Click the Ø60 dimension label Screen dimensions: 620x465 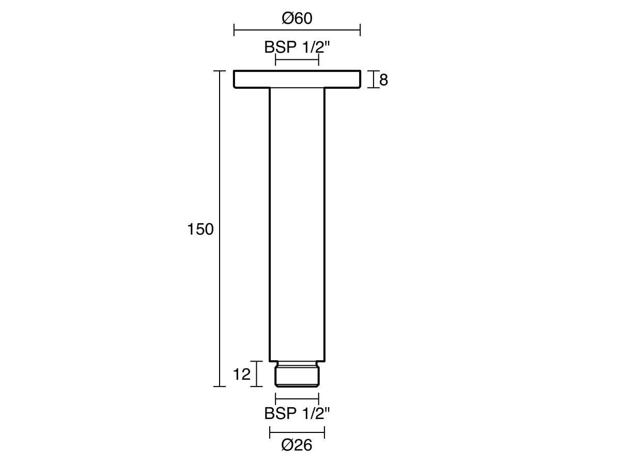point(297,19)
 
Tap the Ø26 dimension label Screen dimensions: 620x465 point(297,445)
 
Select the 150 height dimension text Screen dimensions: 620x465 point(200,229)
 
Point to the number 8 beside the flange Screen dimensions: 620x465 point(383,80)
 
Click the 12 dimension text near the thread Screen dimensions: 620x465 point(241,375)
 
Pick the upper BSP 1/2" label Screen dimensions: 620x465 point(297,47)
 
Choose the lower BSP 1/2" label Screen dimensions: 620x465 point(297,413)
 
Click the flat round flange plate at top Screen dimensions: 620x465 point(297,79)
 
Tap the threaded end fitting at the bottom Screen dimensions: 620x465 point(297,374)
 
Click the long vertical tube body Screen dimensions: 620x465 point(297,224)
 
